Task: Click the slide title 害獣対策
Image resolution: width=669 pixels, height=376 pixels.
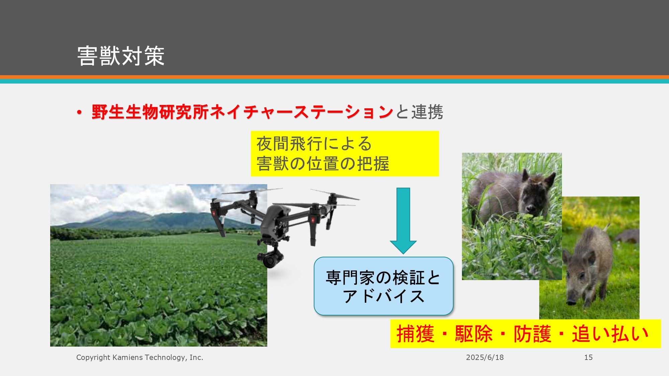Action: click(121, 56)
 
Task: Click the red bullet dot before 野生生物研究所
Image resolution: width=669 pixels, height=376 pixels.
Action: click(79, 112)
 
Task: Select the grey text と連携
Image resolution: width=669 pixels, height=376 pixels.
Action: click(419, 112)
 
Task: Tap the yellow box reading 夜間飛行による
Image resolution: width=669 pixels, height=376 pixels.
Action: click(345, 153)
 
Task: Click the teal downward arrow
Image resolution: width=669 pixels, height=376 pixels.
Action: click(403, 221)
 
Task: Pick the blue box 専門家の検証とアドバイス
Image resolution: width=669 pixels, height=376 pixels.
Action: click(383, 286)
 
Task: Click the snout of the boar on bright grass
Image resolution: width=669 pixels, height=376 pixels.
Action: click(571, 301)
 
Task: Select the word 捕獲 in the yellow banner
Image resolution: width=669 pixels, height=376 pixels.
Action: click(415, 334)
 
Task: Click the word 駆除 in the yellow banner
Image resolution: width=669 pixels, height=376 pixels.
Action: click(474, 334)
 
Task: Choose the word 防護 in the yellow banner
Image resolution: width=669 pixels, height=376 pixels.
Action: click(532, 334)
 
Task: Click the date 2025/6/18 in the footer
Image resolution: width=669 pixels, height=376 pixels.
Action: click(485, 357)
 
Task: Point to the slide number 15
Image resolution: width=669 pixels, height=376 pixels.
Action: click(588, 357)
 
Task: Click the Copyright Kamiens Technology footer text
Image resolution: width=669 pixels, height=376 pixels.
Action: click(139, 357)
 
